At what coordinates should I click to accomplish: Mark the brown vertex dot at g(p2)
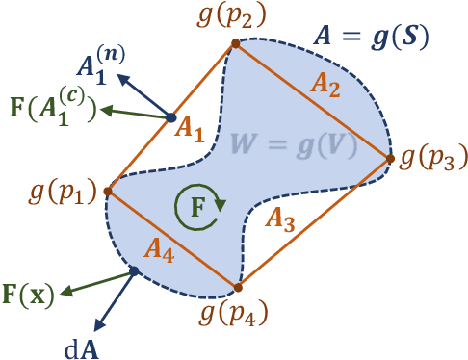233,42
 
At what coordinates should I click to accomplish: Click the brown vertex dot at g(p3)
391,158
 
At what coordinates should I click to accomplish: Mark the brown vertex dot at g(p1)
107,191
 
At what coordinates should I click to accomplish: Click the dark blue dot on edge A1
170,117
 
